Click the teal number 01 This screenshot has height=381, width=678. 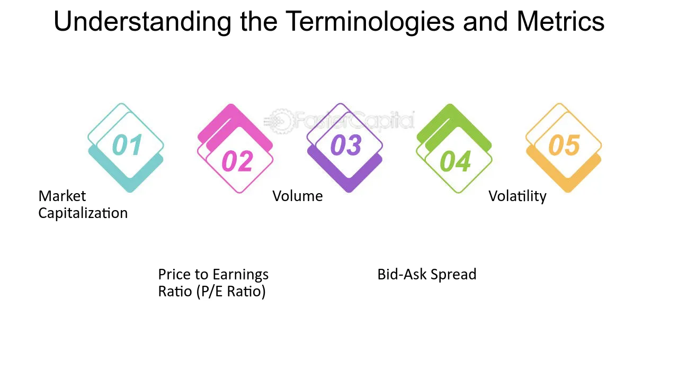click(x=127, y=145)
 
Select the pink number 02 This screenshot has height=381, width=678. click(x=237, y=161)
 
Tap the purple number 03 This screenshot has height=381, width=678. click(x=346, y=145)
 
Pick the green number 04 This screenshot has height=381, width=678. click(x=455, y=161)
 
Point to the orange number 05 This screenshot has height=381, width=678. click(x=565, y=145)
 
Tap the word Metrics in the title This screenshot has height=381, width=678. click(x=560, y=21)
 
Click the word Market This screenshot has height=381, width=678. click(x=62, y=196)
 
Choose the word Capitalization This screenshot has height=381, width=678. click(x=83, y=213)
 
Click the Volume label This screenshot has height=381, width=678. click(x=298, y=196)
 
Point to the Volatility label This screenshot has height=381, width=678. click(x=518, y=196)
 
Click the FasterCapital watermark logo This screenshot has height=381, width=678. click(x=339, y=121)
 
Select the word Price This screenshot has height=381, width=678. click(x=174, y=274)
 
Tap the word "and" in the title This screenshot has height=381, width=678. click(x=485, y=21)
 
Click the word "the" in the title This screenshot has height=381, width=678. click(x=259, y=21)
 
